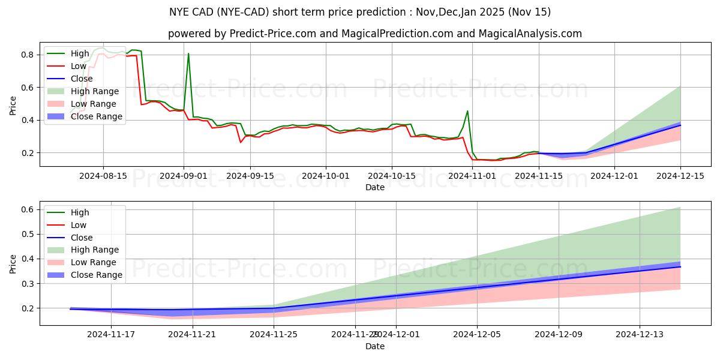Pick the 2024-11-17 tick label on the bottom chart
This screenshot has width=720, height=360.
point(111,335)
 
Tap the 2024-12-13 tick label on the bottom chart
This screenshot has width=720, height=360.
point(640,335)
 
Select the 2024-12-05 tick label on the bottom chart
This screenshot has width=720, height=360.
point(477,335)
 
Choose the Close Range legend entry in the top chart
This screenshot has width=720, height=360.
point(96,116)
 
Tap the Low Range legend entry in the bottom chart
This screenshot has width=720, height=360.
point(94,262)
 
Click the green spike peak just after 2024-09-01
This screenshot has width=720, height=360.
point(188,54)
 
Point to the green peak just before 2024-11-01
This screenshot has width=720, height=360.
point(467,111)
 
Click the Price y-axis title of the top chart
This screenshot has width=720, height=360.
point(13,106)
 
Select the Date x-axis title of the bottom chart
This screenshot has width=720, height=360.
point(375,346)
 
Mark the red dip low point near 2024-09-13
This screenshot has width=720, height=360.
point(241,142)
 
